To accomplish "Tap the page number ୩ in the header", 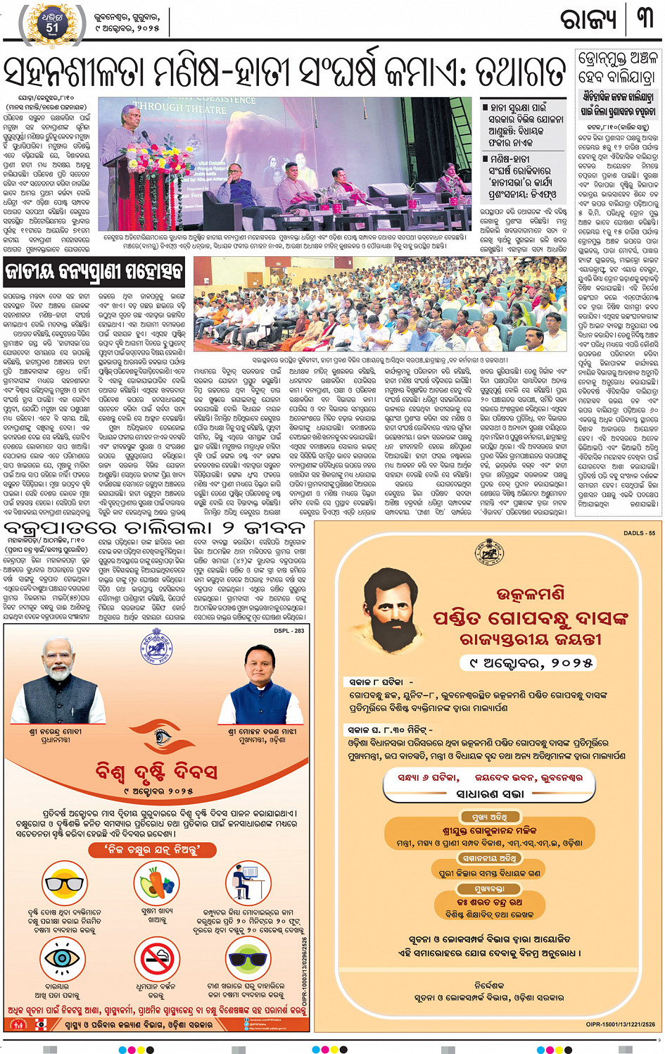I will coord(644,19).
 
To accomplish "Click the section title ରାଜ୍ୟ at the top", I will coord(588,20).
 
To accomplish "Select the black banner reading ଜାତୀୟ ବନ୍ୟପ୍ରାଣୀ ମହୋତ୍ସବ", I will coord(94,271).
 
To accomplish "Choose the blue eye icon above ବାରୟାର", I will coord(57,959).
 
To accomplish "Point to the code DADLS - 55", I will coord(639,533).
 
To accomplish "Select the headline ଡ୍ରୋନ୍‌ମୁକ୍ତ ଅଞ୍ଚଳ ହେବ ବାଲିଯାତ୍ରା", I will coord(617,67).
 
